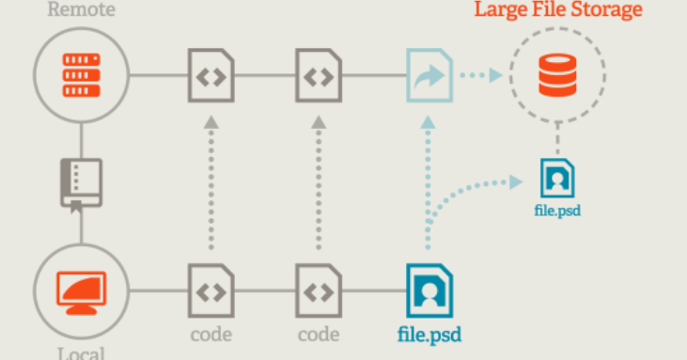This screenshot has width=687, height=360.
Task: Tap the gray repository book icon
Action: click(x=80, y=183)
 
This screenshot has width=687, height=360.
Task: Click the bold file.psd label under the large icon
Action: click(x=428, y=334)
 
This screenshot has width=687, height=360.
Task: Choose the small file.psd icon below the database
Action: click(x=557, y=178)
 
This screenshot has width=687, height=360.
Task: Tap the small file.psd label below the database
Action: click(x=557, y=211)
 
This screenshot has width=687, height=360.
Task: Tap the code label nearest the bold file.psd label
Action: click(x=319, y=334)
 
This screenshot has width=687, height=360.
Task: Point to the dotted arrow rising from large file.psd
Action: click(x=429, y=179)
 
